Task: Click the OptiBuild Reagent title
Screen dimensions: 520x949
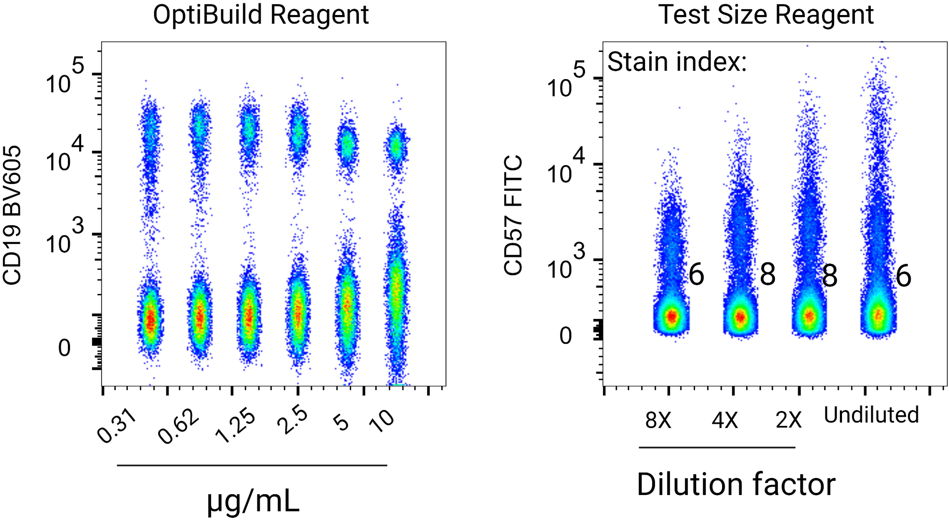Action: (x=261, y=15)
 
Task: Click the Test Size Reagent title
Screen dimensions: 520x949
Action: (x=766, y=15)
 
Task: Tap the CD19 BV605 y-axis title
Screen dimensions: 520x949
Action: (x=12, y=215)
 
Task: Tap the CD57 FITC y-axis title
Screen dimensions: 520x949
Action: (x=513, y=215)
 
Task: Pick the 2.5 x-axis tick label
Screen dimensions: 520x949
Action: (x=293, y=421)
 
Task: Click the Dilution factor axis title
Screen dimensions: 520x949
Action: (x=736, y=484)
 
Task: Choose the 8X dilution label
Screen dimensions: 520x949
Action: (x=658, y=420)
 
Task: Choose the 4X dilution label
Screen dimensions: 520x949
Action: (x=725, y=420)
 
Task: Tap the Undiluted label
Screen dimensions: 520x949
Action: (x=871, y=415)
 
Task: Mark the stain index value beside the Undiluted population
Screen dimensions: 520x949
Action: (x=903, y=276)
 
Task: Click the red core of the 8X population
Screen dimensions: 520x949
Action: (x=671, y=317)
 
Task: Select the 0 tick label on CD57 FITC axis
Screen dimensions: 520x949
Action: (x=566, y=336)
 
